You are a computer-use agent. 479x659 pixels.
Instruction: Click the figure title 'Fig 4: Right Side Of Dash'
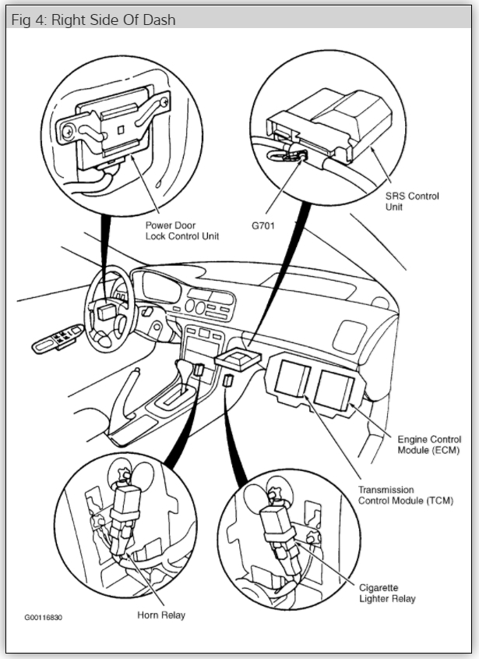coord(93,19)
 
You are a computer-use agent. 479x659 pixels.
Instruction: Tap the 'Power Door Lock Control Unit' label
coord(182,231)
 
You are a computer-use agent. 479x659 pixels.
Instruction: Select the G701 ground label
coord(263,225)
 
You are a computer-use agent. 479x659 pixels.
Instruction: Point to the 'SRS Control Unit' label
coord(412,201)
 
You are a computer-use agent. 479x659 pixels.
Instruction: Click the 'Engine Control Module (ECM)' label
coord(429,445)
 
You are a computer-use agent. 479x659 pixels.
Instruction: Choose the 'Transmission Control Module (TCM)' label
coord(406,495)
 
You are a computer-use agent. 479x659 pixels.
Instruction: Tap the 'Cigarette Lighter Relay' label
coord(387,593)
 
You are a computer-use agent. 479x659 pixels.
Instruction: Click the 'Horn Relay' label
coord(161,615)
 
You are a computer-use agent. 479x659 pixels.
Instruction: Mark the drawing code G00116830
coord(44,618)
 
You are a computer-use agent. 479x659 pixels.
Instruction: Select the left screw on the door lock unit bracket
coord(67,133)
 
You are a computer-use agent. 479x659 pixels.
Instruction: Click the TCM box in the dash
coord(293,378)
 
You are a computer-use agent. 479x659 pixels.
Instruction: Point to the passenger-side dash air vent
coord(349,336)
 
